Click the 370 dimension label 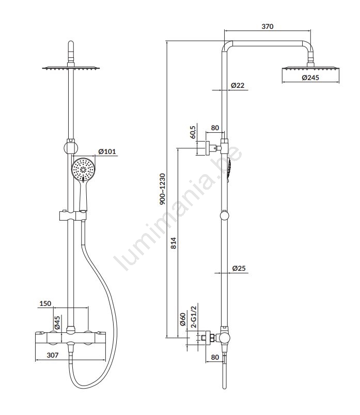pyautogui.click(x=268, y=26)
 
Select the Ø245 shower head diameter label pyautogui.click(x=310, y=78)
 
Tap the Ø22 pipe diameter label pyautogui.click(x=238, y=85)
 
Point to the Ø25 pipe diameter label pyautogui.click(x=239, y=268)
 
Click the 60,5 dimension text pyautogui.click(x=193, y=132)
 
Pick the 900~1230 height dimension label pyautogui.click(x=162, y=189)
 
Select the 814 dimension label pyautogui.click(x=173, y=243)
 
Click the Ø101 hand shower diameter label pyautogui.click(x=107, y=151)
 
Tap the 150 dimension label pyautogui.click(x=45, y=303)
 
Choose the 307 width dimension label pyautogui.click(x=53, y=355)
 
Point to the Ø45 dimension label pyautogui.click(x=57, y=322)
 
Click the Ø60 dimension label pyautogui.click(x=182, y=319)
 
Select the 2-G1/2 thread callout pyautogui.click(x=194, y=317)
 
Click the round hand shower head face pyautogui.click(x=83, y=169)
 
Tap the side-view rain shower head pyautogui.click(x=310, y=69)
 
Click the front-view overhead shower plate pyautogui.click(x=71, y=69)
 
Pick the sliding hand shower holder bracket pyautogui.click(x=73, y=216)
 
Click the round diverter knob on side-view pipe pyautogui.click(x=225, y=215)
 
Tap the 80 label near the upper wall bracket pyautogui.click(x=215, y=128)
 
